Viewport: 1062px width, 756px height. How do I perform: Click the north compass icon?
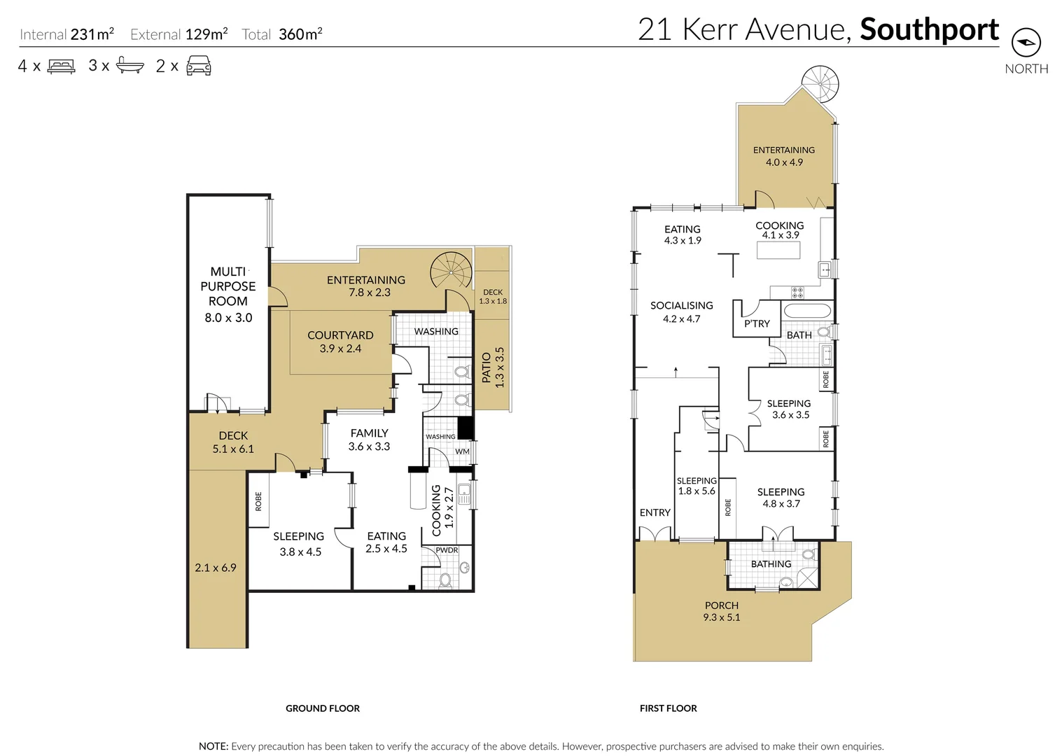coord(1026,43)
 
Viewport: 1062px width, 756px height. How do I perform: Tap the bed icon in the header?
coord(61,66)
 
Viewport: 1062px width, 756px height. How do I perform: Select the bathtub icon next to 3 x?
coord(130,66)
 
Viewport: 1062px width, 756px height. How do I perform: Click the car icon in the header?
coord(199,66)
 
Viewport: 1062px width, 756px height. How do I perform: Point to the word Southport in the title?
coord(929,29)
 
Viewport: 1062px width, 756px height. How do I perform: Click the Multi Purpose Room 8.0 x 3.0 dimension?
coord(228,318)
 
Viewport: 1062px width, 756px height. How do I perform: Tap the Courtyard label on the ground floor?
coord(340,335)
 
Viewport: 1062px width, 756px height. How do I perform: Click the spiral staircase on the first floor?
coord(819,84)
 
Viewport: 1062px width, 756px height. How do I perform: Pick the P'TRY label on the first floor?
coord(757,323)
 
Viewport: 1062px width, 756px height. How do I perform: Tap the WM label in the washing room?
coord(462,451)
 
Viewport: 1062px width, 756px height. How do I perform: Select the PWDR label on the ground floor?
coord(447,550)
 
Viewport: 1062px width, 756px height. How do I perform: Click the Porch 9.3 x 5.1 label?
coord(722,611)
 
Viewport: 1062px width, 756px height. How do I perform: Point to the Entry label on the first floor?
coord(655,512)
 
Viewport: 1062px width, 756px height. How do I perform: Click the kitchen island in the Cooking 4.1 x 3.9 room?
coord(778,249)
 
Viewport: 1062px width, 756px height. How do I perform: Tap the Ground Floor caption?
coord(323,708)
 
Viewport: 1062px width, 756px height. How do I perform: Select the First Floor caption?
coord(668,708)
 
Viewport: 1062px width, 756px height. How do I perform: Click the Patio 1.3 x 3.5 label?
coord(493,367)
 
